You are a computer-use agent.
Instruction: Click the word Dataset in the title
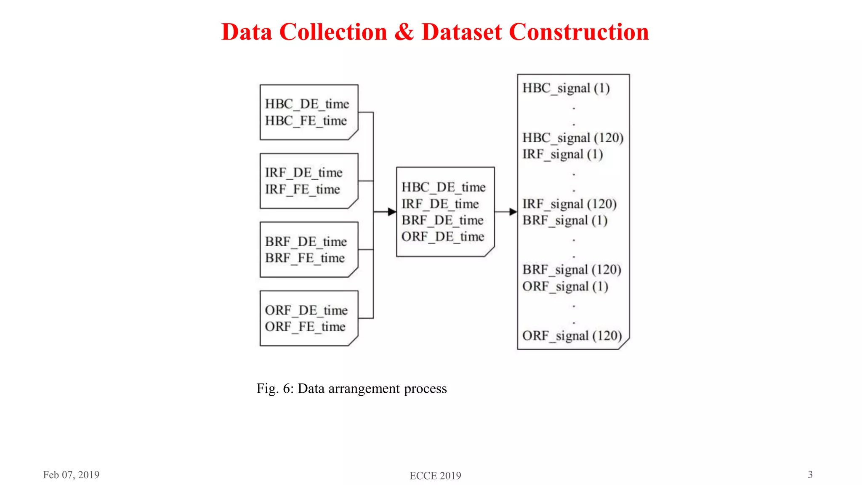click(x=462, y=32)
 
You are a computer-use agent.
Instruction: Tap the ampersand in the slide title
click(x=404, y=32)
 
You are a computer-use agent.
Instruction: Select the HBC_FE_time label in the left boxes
click(x=306, y=121)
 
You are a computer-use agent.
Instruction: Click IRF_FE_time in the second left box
click(x=302, y=189)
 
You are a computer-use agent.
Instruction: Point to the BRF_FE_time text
click(x=305, y=258)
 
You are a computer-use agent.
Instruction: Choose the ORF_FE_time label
click(x=305, y=327)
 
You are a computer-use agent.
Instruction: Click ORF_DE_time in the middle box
click(x=443, y=237)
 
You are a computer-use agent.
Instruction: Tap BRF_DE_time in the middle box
click(x=442, y=220)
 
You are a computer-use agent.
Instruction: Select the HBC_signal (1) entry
click(x=566, y=88)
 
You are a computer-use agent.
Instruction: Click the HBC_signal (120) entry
click(x=572, y=138)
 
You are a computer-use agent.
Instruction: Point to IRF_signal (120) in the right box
click(x=569, y=204)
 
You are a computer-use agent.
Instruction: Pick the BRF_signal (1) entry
click(x=565, y=220)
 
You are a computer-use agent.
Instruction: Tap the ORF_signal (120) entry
click(x=572, y=336)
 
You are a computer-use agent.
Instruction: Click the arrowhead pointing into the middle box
click(x=392, y=212)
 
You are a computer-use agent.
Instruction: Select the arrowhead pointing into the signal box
click(x=513, y=212)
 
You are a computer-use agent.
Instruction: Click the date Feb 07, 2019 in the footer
click(x=71, y=475)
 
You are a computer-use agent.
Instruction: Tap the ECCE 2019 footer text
click(x=435, y=476)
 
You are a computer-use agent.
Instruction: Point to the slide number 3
click(x=810, y=474)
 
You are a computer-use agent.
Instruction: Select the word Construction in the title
click(x=579, y=32)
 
